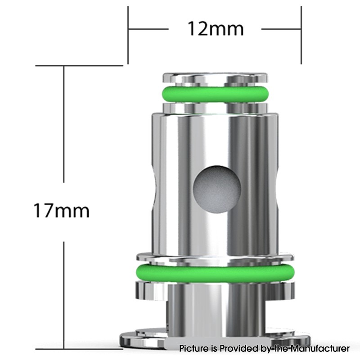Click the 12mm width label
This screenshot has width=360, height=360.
click(215, 29)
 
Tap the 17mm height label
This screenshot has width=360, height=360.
click(62, 211)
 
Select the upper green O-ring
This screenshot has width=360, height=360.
click(215, 94)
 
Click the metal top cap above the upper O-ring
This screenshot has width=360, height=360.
click(215, 79)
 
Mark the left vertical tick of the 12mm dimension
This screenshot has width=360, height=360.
click(128, 35)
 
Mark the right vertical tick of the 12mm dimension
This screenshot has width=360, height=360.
click(301, 35)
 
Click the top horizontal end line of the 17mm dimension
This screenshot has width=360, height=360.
click(79, 66)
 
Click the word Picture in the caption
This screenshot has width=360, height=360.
click(194, 348)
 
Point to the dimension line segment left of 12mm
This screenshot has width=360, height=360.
click(148, 29)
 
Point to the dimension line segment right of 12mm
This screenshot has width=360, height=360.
click(281, 29)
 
